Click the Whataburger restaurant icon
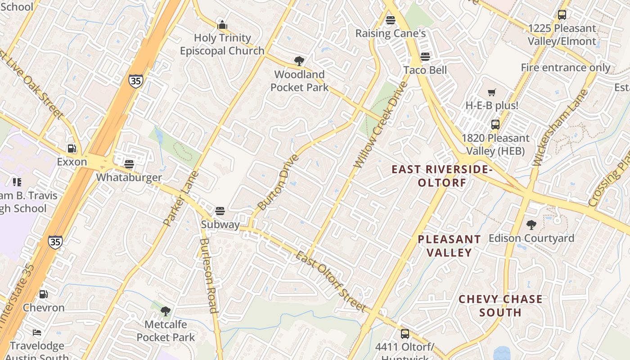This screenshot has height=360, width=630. pyautogui.click(x=129, y=164)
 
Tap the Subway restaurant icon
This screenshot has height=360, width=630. pyautogui.click(x=220, y=211)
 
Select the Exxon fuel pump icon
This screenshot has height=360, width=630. pyautogui.click(x=72, y=148)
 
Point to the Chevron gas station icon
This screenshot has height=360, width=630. pyautogui.click(x=44, y=294)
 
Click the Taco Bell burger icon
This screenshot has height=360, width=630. pyautogui.click(x=425, y=57)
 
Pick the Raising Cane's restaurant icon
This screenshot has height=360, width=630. pyautogui.click(x=391, y=20)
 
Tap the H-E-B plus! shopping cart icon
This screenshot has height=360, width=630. pyautogui.click(x=492, y=92)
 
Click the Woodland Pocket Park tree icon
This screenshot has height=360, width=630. pyautogui.click(x=299, y=61)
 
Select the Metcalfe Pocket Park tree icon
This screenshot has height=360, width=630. pyautogui.click(x=166, y=310)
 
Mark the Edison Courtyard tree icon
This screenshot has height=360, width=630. pyautogui.click(x=531, y=225)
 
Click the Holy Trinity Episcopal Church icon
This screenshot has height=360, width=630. pyautogui.click(x=222, y=24)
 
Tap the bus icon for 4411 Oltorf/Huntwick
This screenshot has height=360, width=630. pyautogui.click(x=405, y=333)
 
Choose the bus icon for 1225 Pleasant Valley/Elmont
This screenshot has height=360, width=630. pyautogui.click(x=562, y=14)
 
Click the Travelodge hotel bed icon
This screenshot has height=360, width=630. pyautogui.click(x=37, y=333)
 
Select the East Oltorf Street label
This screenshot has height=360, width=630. pyautogui.click(x=330, y=281)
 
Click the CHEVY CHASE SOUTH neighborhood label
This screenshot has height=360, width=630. pyautogui.click(x=500, y=306)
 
